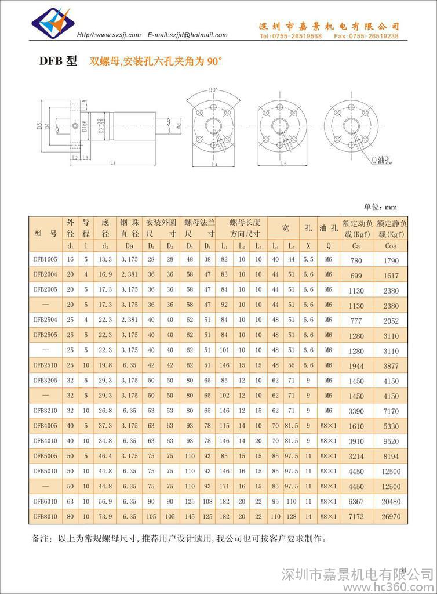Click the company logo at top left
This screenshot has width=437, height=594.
click(52, 21)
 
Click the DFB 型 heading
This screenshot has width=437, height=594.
click(57, 60)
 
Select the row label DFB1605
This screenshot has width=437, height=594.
click(45, 259)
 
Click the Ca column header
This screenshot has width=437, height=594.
click(356, 245)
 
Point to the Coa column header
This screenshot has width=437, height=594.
click(391, 245)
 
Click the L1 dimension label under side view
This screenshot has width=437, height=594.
click(114, 162)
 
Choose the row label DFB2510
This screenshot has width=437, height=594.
click(45, 365)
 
